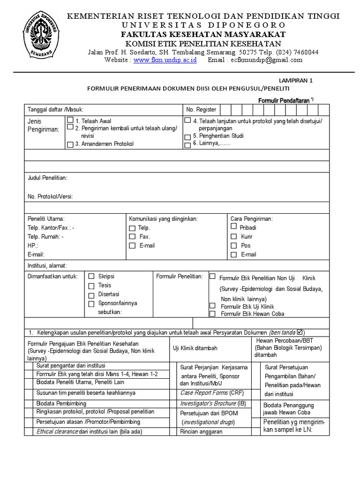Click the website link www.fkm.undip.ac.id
pos(165,60)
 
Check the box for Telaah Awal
pos(70,120)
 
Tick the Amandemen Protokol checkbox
pos(70,144)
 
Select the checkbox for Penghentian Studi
pos(187,137)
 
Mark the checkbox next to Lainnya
pos(187,145)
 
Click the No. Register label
pos(201,110)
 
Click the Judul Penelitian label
pos(47,178)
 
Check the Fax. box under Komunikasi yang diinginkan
pos(132,237)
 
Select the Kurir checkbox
pos(234,237)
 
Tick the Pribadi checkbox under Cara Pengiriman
pos(234,226)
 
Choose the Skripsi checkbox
pos(92,277)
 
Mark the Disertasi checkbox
pos(92,295)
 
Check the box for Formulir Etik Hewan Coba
pos(212,314)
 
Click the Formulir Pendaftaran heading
pos(284,100)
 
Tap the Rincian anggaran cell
pos(201,432)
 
